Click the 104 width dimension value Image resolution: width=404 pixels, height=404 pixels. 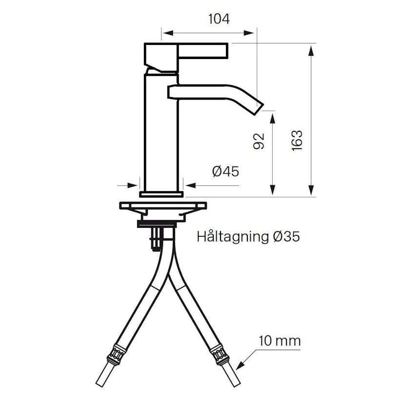click(219, 19)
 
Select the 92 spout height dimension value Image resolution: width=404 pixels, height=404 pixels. click(259, 141)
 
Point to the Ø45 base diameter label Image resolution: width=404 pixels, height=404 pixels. click(225, 171)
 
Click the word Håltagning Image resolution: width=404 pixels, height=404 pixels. click(232, 237)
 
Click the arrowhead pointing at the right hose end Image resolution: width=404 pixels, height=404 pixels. click(239, 366)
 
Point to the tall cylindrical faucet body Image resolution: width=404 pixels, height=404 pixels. click(161, 132)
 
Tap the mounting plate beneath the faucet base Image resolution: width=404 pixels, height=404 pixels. click(162, 205)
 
